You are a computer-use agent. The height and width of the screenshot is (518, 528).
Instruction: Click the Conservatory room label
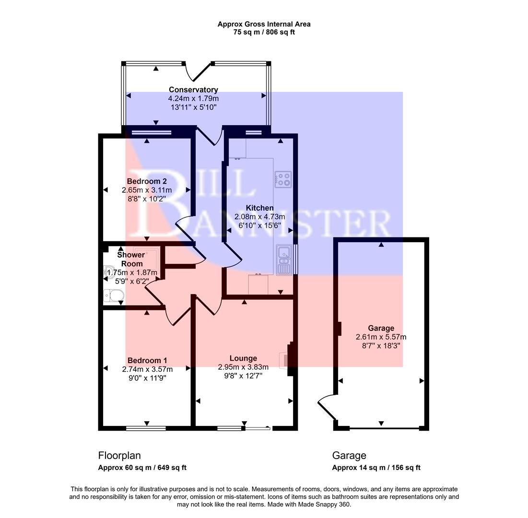click(x=193, y=90)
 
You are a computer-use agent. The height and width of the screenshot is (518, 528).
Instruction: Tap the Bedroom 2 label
click(x=147, y=181)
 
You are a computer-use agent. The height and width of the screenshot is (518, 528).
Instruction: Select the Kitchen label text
click(x=259, y=208)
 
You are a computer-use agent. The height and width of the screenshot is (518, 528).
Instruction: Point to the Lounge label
click(x=243, y=358)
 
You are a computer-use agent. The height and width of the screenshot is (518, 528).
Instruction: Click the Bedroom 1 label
click(x=147, y=361)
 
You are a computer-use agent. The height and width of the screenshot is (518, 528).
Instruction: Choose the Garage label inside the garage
click(x=381, y=328)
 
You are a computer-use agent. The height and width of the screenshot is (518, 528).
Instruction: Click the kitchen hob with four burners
click(x=283, y=179)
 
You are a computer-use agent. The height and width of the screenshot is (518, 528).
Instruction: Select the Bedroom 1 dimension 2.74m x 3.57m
click(x=147, y=369)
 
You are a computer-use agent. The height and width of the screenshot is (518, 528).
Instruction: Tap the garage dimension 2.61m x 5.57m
click(x=381, y=337)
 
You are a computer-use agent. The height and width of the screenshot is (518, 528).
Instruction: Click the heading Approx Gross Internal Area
click(x=264, y=24)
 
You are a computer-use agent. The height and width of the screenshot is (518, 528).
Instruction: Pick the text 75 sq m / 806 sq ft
click(x=264, y=33)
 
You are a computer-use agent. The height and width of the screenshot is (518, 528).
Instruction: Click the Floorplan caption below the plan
click(x=119, y=456)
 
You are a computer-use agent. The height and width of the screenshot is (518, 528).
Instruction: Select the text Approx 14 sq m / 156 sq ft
click(x=376, y=468)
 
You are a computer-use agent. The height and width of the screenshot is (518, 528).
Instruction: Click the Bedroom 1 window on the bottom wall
click(x=146, y=428)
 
